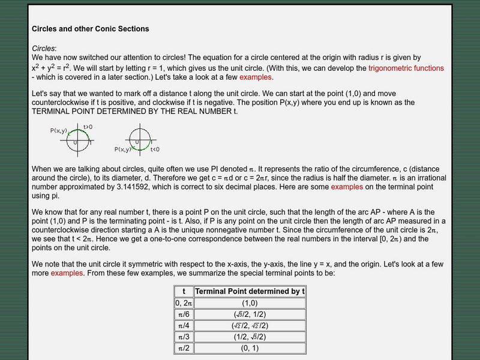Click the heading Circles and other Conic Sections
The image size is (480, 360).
click(x=90, y=28)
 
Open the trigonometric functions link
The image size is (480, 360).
click(x=406, y=68)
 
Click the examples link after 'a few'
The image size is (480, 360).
click(x=256, y=77)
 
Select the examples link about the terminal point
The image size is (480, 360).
click(x=347, y=187)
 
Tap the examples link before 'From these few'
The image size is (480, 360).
click(x=67, y=273)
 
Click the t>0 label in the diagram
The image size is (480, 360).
click(x=88, y=127)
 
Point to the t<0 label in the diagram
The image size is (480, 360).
click(x=155, y=149)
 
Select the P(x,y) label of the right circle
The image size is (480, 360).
click(x=123, y=149)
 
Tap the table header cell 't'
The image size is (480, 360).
click(x=184, y=291)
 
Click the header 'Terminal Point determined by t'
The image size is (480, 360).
click(x=250, y=291)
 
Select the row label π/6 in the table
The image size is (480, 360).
click(x=184, y=314)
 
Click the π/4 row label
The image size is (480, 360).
click(x=184, y=325)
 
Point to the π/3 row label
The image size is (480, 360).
click(x=184, y=337)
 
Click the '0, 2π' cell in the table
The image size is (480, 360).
click(x=184, y=302)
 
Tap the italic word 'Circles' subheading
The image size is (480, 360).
click(x=43, y=48)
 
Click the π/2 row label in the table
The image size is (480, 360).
click(x=184, y=348)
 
